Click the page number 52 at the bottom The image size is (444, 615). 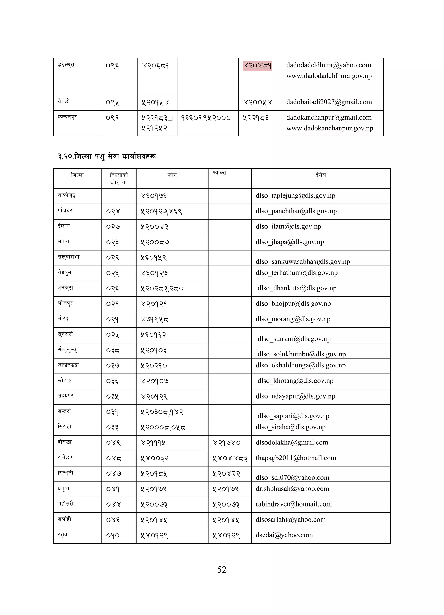222,569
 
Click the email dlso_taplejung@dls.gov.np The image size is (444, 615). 295,195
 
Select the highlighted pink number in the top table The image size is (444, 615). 257,66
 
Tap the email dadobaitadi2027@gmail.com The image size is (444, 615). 329,102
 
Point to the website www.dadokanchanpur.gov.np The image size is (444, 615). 330,128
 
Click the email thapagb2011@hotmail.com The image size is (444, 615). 296,458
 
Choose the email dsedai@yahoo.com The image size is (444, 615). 284,535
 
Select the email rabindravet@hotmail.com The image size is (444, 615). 294,504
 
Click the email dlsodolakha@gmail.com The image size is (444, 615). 292,442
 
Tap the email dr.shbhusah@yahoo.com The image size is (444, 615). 292,489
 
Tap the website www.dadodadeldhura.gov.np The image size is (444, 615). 329,76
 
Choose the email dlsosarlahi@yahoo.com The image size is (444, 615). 291,520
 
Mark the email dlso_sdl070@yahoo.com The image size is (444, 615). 292,477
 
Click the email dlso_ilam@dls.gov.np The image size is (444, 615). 288,226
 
